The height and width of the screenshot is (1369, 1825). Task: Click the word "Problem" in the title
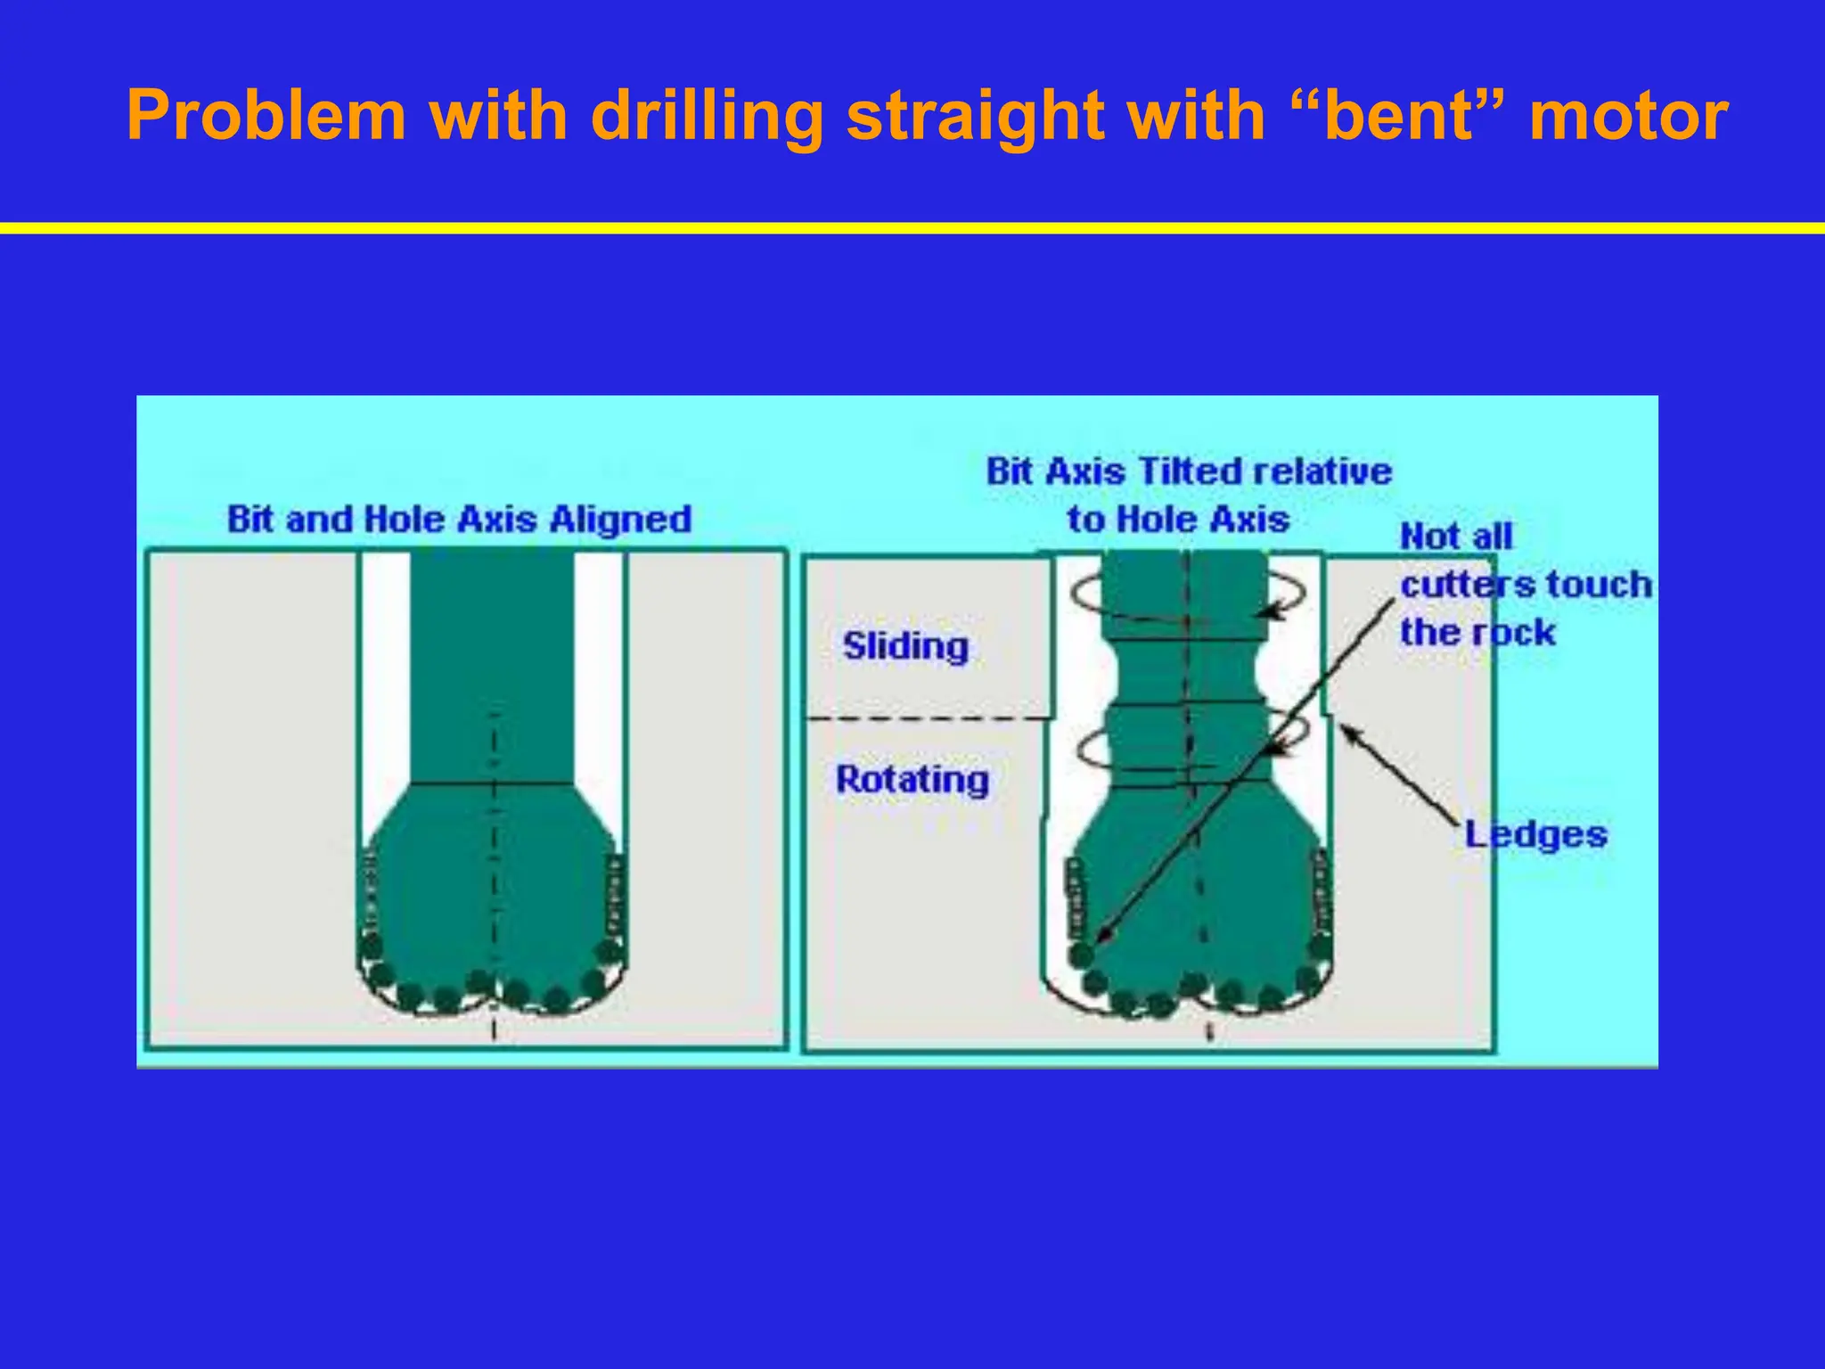pos(266,117)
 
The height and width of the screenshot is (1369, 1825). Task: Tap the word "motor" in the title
pos(1628,117)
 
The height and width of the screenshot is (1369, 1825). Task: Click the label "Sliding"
pos(905,646)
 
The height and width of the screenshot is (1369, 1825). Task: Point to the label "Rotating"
pos(912,780)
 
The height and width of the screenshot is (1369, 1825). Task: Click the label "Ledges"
pos(1536,835)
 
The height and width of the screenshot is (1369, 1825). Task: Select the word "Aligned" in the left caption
pos(620,519)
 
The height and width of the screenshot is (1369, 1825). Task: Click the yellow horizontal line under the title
pos(912,228)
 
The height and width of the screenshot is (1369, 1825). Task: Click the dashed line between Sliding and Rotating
pos(927,718)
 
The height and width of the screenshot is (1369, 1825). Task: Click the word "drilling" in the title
pos(707,117)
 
